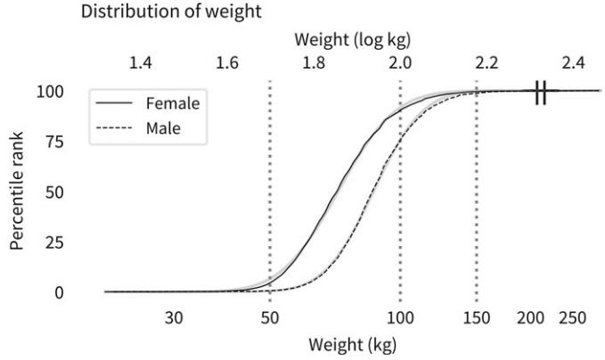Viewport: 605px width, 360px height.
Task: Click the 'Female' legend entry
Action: [173, 103]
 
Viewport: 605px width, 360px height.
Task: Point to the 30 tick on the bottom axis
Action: [174, 318]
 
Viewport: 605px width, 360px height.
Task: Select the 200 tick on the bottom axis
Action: [531, 318]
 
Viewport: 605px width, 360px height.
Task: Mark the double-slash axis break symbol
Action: [540, 92]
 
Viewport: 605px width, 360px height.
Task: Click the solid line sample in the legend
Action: [116, 103]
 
